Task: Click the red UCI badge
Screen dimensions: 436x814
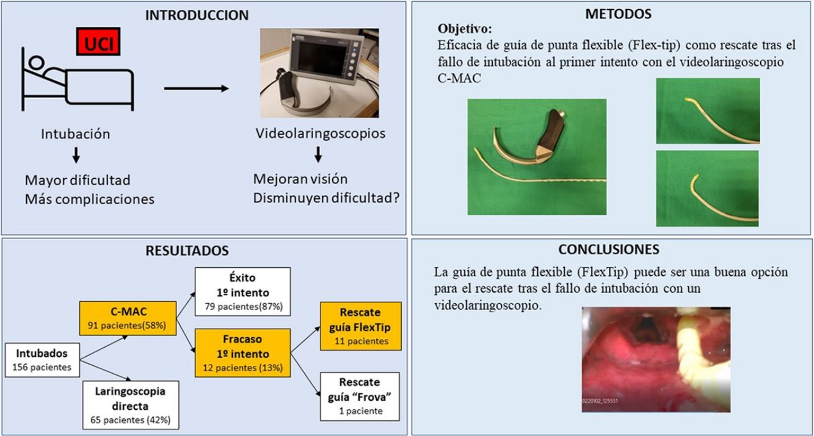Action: (x=97, y=43)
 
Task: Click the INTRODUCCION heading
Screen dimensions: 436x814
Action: (x=197, y=16)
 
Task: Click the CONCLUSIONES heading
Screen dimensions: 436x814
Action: (x=608, y=249)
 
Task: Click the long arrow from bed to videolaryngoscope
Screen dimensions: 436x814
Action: (x=196, y=89)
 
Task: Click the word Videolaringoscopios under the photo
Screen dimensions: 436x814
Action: (x=319, y=134)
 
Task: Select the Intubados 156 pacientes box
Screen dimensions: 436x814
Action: (x=42, y=359)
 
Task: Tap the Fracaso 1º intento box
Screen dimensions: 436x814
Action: (x=242, y=352)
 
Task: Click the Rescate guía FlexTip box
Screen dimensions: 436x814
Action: (x=360, y=327)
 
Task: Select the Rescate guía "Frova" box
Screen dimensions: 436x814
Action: (x=360, y=396)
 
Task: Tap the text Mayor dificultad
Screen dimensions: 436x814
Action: (x=78, y=180)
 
